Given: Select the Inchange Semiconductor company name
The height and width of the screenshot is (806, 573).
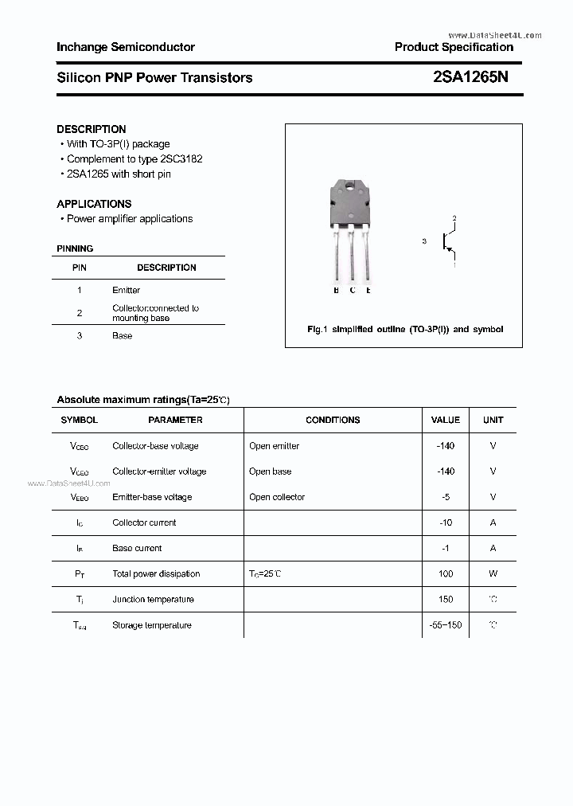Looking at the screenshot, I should pos(126,47).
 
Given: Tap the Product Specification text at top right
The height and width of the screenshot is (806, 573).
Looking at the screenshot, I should pos(454,47).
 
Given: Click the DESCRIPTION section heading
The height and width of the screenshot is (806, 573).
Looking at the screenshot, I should pos(92,129).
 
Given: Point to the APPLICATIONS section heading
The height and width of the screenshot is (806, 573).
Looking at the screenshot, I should pos(94,204).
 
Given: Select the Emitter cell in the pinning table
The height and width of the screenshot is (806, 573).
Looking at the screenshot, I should pos(126,290).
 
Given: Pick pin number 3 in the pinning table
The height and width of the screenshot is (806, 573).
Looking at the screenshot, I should pos(80,335).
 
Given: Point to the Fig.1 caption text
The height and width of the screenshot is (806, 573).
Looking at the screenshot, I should pos(404,329).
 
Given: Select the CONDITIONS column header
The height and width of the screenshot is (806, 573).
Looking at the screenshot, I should pos(333,420).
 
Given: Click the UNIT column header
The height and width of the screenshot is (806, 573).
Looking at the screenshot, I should pos(493,420).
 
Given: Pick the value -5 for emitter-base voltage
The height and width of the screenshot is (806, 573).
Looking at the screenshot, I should pos(445,497).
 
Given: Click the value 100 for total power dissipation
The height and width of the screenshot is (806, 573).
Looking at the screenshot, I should pos(445,573).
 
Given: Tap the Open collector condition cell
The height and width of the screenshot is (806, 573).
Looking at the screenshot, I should pos(277,497).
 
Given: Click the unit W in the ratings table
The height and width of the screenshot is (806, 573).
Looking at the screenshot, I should pos(493,573).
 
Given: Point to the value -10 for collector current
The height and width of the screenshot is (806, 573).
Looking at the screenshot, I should pos(445,522).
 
